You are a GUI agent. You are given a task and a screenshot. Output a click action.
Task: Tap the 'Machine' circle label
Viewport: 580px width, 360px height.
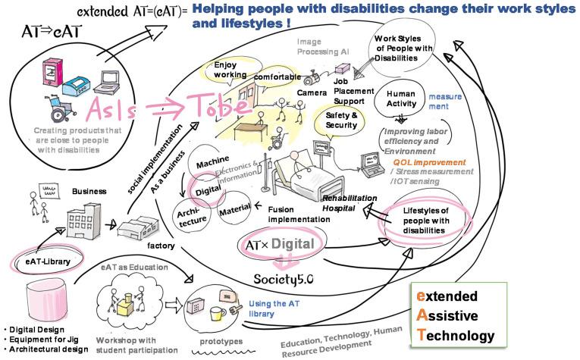213,164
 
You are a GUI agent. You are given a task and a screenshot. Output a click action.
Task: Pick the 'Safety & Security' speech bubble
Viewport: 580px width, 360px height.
341,120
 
